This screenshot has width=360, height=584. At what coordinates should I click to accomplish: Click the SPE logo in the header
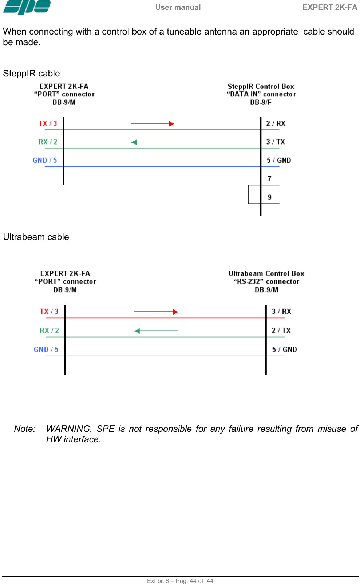pyautogui.click(x=27, y=7)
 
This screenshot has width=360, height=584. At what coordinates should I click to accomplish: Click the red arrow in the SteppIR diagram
pyautogui.click(x=153, y=124)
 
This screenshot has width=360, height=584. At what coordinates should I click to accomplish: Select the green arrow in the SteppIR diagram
pyautogui.click(x=153, y=142)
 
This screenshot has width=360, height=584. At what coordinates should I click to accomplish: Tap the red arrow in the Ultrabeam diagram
pyautogui.click(x=156, y=312)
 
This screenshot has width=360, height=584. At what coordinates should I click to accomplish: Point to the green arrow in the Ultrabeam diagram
pyautogui.click(x=156, y=331)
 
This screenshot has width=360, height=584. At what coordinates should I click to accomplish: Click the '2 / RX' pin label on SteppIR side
pyautogui.click(x=276, y=123)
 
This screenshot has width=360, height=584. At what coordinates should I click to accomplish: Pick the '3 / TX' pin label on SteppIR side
pyautogui.click(x=276, y=142)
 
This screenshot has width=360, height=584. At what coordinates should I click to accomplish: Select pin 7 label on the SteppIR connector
pyautogui.click(x=269, y=179)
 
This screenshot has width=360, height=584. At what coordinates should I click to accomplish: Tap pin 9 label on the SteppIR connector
pyautogui.click(x=269, y=197)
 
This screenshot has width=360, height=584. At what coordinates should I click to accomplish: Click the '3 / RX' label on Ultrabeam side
pyautogui.click(x=281, y=312)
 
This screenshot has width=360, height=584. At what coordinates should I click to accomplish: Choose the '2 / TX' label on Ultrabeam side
pyautogui.click(x=281, y=331)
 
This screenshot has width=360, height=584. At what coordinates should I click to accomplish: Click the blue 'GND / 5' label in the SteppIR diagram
pyautogui.click(x=45, y=161)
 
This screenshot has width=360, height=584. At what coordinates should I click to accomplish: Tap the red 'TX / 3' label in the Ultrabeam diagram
pyautogui.click(x=49, y=312)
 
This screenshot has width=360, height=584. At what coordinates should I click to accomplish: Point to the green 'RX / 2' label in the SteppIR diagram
pyautogui.click(x=48, y=142)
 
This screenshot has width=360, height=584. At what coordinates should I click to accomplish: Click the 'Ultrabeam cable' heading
pyautogui.click(x=36, y=237)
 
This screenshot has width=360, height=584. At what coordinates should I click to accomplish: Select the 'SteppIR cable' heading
pyautogui.click(x=31, y=74)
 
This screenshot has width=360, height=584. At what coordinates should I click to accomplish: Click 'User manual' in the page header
pyautogui.click(x=178, y=7)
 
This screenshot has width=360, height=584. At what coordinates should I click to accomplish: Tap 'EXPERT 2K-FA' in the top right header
pyautogui.click(x=330, y=7)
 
